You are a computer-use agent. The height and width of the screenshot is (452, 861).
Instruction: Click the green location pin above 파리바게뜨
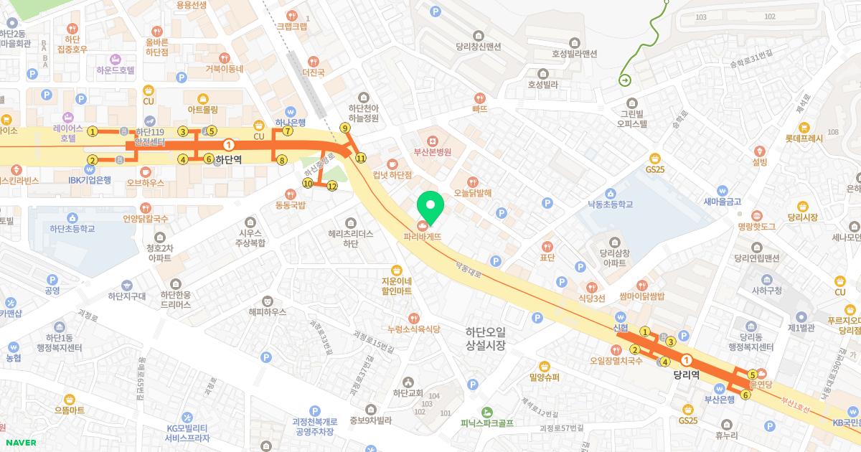tap(430, 207)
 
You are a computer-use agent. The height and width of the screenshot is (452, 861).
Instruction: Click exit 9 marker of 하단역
tap(344, 128)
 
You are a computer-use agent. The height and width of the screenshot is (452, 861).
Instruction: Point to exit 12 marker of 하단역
tap(331, 186)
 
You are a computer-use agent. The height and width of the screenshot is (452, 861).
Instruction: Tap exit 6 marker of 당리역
tap(745, 395)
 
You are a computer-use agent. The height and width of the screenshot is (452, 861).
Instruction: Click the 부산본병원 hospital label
tap(432, 152)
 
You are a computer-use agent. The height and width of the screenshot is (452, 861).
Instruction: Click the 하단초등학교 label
tap(72, 229)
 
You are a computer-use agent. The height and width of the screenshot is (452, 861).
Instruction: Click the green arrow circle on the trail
tap(624, 80)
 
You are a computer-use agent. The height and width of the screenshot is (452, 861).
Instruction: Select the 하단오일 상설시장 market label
tap(486, 338)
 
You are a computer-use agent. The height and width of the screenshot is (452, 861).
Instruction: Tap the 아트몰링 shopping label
tap(202, 110)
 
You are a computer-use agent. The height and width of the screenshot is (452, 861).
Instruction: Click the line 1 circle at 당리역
tap(687, 359)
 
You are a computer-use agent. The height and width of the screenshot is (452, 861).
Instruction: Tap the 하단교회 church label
tap(408, 392)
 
